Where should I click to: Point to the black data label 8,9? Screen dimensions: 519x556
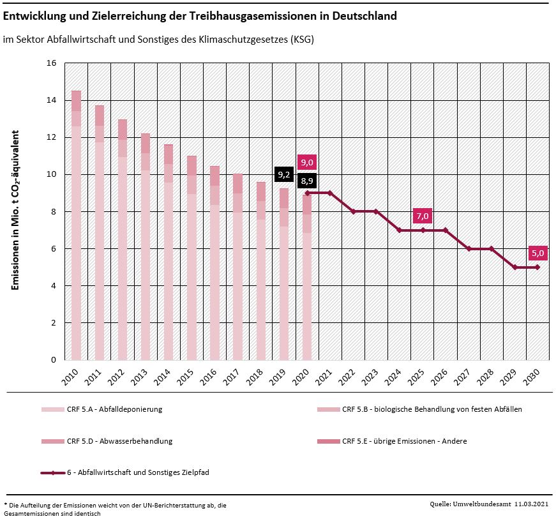click(306, 181)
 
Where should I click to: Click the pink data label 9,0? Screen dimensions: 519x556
click(306, 162)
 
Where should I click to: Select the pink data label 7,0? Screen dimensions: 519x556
click(422, 216)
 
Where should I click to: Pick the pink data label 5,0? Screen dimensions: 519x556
click(537, 253)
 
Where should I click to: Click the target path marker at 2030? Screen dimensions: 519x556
click(537, 267)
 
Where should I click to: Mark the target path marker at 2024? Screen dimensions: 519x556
click(399, 230)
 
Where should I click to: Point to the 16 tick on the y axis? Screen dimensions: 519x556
click(52, 63)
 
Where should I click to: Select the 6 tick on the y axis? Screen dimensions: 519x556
click(54, 249)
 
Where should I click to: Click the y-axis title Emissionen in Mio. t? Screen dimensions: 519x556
click(16, 210)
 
